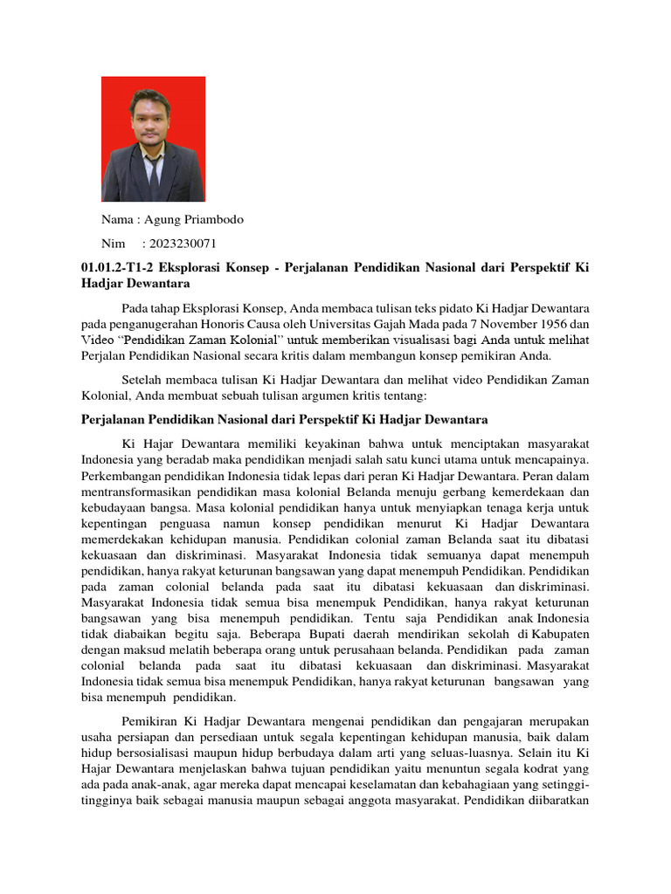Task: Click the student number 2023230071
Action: click(x=183, y=244)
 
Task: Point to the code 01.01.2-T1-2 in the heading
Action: click(x=116, y=267)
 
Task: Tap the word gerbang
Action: click(x=447, y=491)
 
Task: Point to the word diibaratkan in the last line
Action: click(x=555, y=801)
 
